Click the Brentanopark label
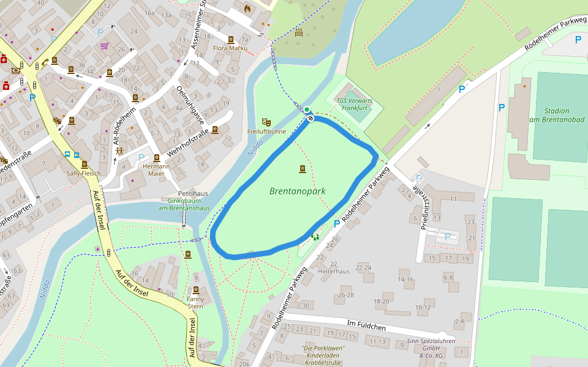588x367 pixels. click(297, 191)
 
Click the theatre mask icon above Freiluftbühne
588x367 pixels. click(265, 122)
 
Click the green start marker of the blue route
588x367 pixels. click(306, 109)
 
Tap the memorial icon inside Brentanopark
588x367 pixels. click(302, 169)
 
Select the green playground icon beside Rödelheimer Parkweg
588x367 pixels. click(315, 236)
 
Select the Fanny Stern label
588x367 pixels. click(195, 302)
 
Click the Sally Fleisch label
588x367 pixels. click(83, 174)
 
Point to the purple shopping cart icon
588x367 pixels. click(104, 45)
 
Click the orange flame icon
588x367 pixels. click(247, 9)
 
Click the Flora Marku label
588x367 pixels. click(230, 48)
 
